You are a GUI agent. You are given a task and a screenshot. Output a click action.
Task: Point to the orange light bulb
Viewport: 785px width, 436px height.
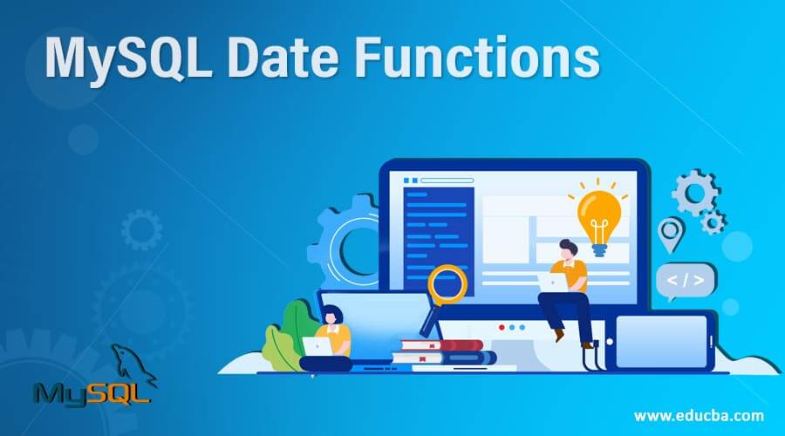click(x=598, y=215)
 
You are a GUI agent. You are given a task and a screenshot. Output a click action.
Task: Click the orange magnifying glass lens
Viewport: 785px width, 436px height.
click(x=448, y=283)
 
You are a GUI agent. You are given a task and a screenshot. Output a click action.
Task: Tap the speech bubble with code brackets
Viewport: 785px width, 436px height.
click(x=686, y=280)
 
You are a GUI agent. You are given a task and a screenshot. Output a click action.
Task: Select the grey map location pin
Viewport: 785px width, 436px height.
click(x=670, y=233)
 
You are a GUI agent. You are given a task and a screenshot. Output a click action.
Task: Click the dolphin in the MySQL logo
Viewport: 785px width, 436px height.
click(x=131, y=362)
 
